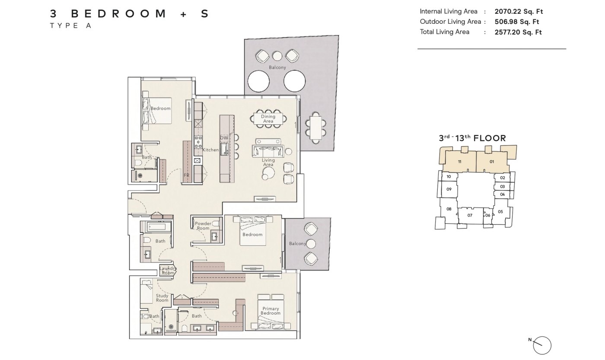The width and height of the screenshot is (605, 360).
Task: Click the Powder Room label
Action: [x=203, y=226]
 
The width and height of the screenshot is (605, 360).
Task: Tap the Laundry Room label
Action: [x=168, y=271]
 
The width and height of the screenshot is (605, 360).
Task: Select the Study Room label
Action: [x=162, y=298]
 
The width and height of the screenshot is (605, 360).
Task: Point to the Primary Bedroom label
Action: [x=271, y=311]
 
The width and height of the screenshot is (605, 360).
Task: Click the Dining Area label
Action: [x=268, y=119]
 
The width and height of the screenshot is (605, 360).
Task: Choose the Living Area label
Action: [x=268, y=162]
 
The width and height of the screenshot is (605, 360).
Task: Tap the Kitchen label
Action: [x=210, y=150]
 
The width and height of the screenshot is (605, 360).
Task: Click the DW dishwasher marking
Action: [x=224, y=138]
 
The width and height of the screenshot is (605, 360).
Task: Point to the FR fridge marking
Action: [x=187, y=175]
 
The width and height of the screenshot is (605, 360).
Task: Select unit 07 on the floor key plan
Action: [x=470, y=215]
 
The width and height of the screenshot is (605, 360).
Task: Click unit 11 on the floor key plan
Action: [x=460, y=162]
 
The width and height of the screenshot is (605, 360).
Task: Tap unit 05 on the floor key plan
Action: [x=500, y=212]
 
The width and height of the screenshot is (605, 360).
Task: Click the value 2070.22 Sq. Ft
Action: [x=519, y=12]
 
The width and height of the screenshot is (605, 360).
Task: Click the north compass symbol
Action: [x=542, y=345]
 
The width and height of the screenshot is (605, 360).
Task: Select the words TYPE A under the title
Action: [x=71, y=25]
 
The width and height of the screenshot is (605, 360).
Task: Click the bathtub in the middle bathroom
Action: [x=156, y=226]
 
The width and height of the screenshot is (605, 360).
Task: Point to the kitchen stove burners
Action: [x=198, y=142]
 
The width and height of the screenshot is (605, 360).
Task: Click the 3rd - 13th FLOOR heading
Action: [x=472, y=138]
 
